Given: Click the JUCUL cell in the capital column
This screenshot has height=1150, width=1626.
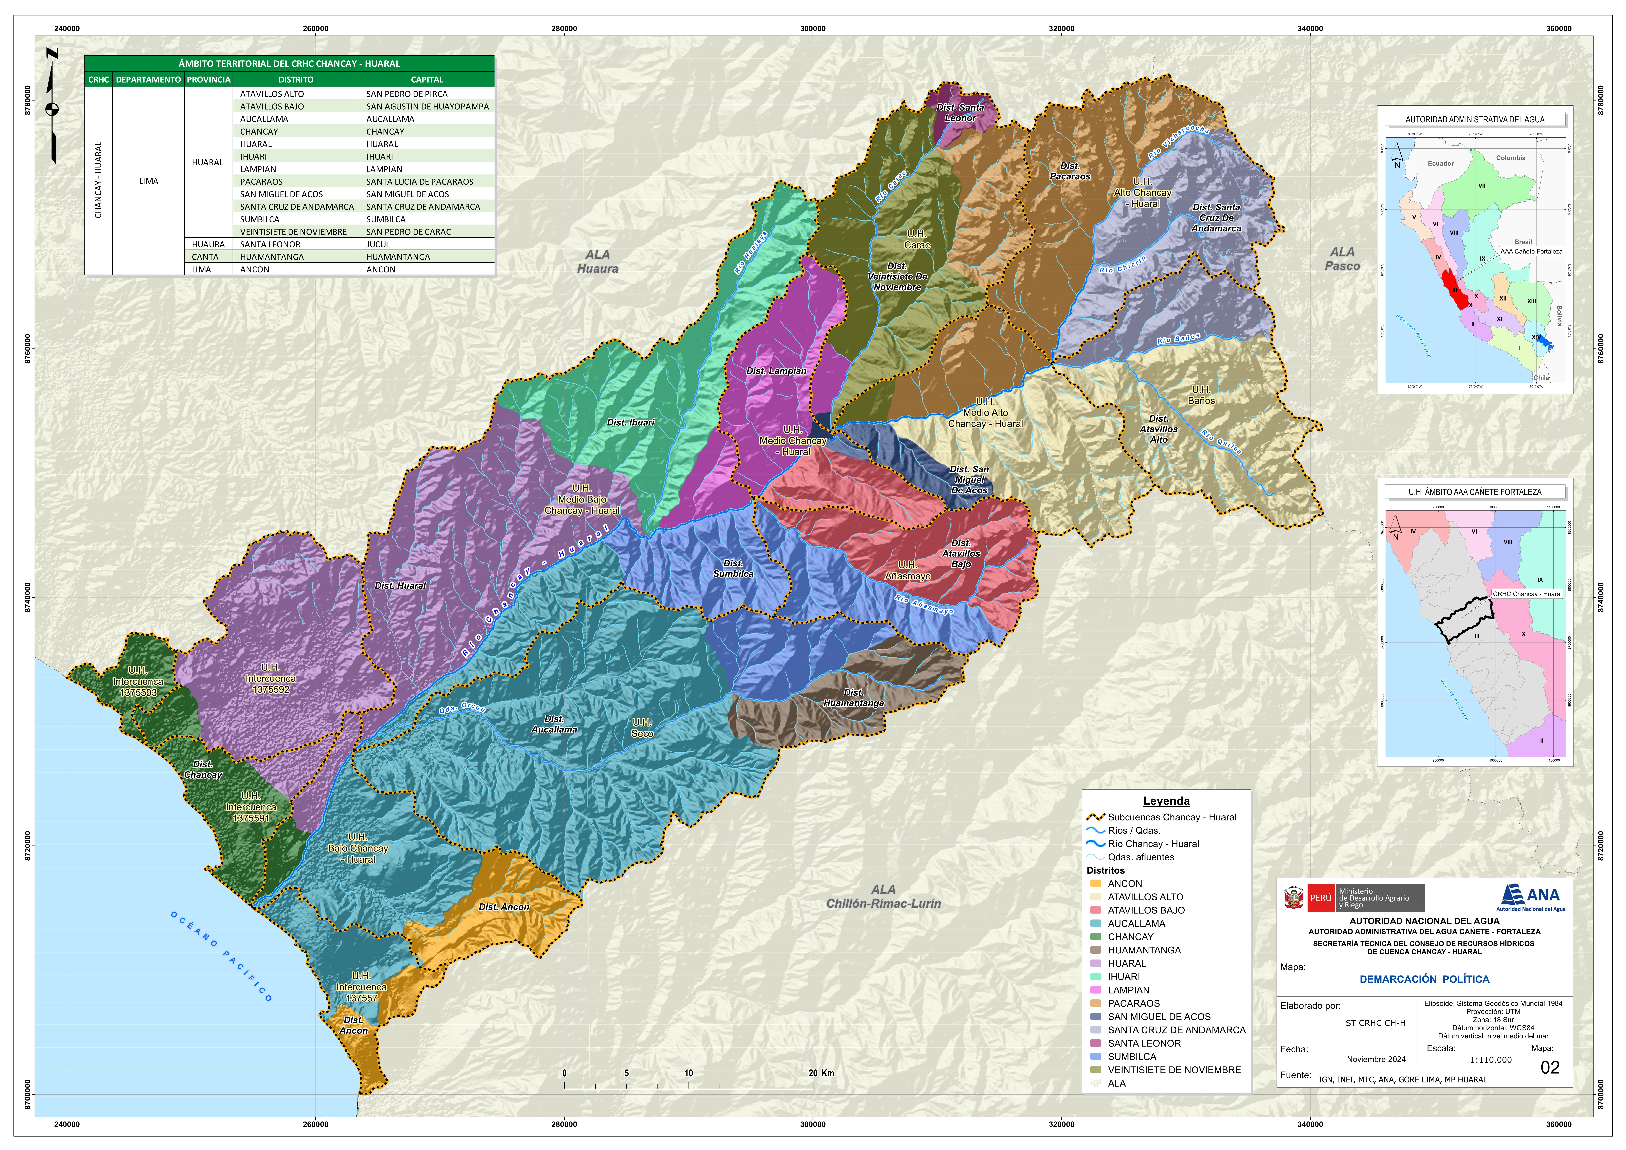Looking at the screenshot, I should (x=378, y=244).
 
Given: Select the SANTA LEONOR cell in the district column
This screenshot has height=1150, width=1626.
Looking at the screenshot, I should (x=270, y=244).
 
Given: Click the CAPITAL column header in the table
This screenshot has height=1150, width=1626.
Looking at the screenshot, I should (x=426, y=79).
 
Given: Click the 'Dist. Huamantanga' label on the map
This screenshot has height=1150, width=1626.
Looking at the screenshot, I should (x=854, y=698).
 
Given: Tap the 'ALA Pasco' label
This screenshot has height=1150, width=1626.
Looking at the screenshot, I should (x=1342, y=259).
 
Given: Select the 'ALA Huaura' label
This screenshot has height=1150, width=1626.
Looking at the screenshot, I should (x=597, y=261).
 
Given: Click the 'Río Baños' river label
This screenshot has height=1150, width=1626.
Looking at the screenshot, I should (x=1178, y=339).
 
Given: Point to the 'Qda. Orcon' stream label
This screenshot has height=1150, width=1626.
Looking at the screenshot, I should (x=462, y=708).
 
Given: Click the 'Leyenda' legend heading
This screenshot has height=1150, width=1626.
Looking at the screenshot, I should (x=1166, y=801).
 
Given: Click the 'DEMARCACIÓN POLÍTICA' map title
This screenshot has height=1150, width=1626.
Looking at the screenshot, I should (x=1424, y=979).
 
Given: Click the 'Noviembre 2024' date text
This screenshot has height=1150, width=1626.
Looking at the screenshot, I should (x=1376, y=1059).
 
